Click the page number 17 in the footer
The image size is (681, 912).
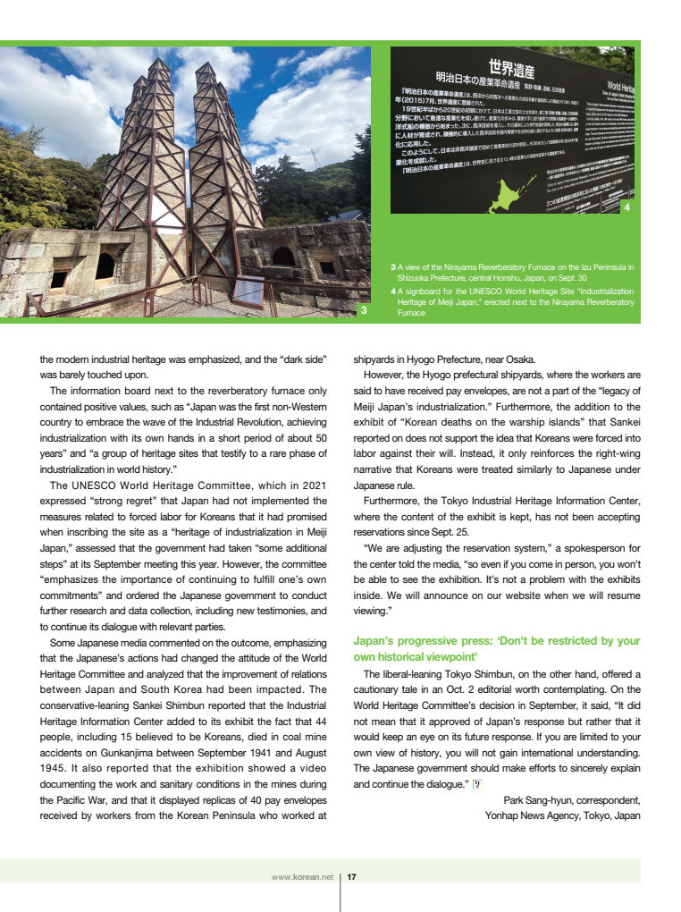click(x=352, y=877)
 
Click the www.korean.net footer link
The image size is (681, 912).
click(x=302, y=877)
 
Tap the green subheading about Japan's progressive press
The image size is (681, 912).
click(x=497, y=648)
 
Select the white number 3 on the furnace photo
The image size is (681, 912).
click(x=364, y=310)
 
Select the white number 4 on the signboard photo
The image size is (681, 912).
click(x=626, y=207)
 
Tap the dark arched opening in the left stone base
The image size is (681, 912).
click(x=105, y=265)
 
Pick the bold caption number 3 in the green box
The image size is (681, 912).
click(x=394, y=267)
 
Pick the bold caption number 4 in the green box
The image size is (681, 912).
click(x=394, y=291)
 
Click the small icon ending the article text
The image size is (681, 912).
click(x=477, y=784)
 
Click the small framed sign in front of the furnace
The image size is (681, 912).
click(x=248, y=291)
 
